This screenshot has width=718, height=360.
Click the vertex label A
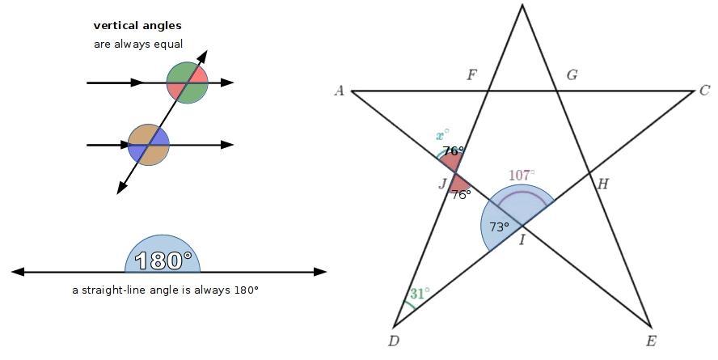340,91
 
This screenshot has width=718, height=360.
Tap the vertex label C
704,91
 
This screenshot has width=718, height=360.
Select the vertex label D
394,341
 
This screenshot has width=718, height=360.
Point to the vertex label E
651,341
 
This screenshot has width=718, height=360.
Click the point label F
472,75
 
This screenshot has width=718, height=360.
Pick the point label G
572,75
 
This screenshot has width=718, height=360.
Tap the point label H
602,184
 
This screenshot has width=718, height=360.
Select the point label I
522,239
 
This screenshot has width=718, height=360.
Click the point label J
443,184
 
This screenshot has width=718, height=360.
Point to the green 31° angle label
419,294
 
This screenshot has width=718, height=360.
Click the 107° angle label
521,176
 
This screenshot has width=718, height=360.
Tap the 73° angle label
499,227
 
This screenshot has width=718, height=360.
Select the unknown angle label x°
442,135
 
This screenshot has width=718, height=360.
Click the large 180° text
163,260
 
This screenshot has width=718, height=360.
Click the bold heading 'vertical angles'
137,26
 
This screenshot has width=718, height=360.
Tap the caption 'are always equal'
138,44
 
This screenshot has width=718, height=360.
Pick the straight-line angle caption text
165,290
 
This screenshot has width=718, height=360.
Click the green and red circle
188,83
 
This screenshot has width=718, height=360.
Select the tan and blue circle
149,145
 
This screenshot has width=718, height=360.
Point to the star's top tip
522,6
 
